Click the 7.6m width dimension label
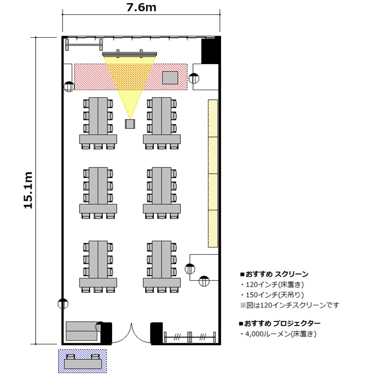click(x=141, y=8)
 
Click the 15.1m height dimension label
click(x=28, y=190)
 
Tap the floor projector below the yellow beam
click(x=130, y=124)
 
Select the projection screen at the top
click(x=129, y=54)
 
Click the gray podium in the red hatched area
click(x=170, y=78)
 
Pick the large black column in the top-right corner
click(x=211, y=50)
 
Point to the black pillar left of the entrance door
click(x=106, y=333)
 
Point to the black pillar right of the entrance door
click(x=157, y=333)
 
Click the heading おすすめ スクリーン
click(x=275, y=275)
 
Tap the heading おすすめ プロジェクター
click(x=280, y=323)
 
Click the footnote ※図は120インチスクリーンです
click(x=290, y=305)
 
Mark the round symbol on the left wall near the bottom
click(x=63, y=304)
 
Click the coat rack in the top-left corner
click(x=84, y=45)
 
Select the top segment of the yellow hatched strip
click(x=213, y=118)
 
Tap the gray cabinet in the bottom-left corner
click(x=81, y=331)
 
